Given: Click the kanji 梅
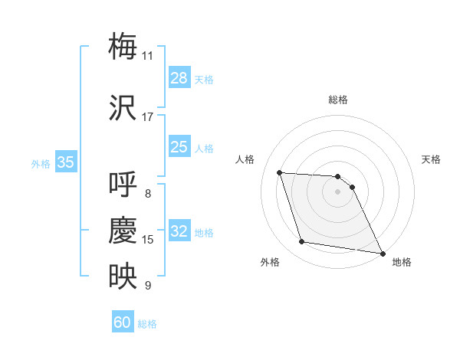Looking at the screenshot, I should [123, 46].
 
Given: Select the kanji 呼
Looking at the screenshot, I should [123, 184].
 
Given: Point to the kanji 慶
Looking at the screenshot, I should [123, 230].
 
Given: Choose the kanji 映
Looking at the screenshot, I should [123, 276].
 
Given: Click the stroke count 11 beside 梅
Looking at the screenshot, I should [147, 56].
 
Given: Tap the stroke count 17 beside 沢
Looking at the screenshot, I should [147, 117].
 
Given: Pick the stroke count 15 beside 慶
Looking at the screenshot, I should [147, 240].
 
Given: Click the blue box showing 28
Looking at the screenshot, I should [179, 78].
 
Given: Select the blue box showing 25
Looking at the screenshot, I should [179, 147].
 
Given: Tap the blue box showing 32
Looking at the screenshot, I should [179, 231].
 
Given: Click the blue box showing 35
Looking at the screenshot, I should [66, 162].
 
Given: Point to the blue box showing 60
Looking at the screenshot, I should [123, 322].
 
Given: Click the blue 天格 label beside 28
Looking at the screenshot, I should [204, 80].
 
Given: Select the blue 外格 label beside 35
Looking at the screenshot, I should [41, 164].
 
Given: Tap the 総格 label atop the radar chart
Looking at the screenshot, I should [338, 100].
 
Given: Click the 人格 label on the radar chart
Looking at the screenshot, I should [245, 159].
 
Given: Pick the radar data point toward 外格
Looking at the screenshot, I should [302, 242].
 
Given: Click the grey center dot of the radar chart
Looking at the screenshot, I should [338, 191].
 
